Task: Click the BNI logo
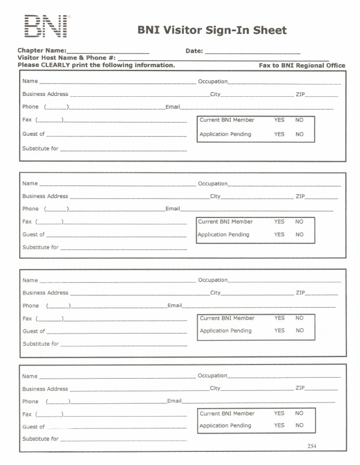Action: pos(45,27)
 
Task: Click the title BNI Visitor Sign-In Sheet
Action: pos(212,30)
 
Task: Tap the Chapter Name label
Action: pos(42,50)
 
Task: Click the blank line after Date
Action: pos(253,51)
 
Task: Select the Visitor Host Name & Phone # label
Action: pos(67,58)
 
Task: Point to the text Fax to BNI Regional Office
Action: pos(302,66)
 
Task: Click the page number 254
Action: pos(312,446)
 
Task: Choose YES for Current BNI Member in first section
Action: pos(279,120)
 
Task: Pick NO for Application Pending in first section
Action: pos(300,134)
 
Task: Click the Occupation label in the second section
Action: pos(212,184)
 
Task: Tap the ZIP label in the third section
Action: pos(300,293)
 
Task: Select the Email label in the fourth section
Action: pos(174,401)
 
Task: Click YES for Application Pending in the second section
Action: pos(279,235)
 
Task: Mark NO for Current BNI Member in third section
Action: pos(300,318)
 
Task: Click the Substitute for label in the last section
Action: pos(40,439)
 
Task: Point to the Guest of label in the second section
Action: pos(33,235)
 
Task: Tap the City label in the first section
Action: pos(215,94)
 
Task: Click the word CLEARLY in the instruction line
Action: pos(55,65)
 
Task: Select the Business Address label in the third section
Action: pos(45,293)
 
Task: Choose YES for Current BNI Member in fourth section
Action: pos(279,413)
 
